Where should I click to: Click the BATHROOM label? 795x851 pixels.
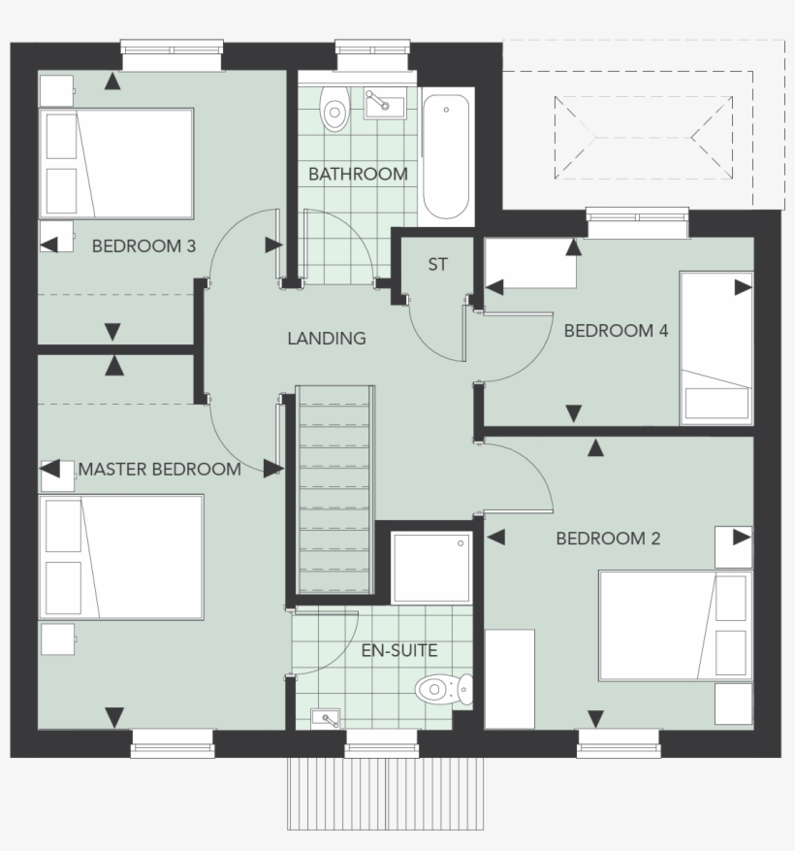click(x=358, y=175)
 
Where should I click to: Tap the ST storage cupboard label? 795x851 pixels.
click(x=438, y=264)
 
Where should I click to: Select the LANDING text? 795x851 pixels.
click(x=327, y=339)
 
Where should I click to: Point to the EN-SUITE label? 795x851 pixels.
click(x=399, y=651)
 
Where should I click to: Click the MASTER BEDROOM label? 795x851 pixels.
click(x=160, y=470)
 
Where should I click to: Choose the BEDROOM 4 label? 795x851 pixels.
click(x=616, y=331)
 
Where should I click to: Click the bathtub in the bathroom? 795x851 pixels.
click(x=448, y=156)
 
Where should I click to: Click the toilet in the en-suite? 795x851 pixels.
click(x=442, y=691)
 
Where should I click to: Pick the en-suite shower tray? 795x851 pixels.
click(x=431, y=568)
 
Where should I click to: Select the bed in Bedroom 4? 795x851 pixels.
click(x=715, y=347)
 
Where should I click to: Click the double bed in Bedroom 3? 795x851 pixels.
click(x=117, y=163)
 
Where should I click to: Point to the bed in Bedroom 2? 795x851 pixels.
click(x=674, y=625)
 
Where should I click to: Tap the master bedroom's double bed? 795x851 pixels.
click(x=122, y=556)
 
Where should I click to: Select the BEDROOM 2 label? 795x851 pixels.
click(x=608, y=539)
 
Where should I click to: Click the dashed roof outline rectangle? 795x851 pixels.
click(x=643, y=136)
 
